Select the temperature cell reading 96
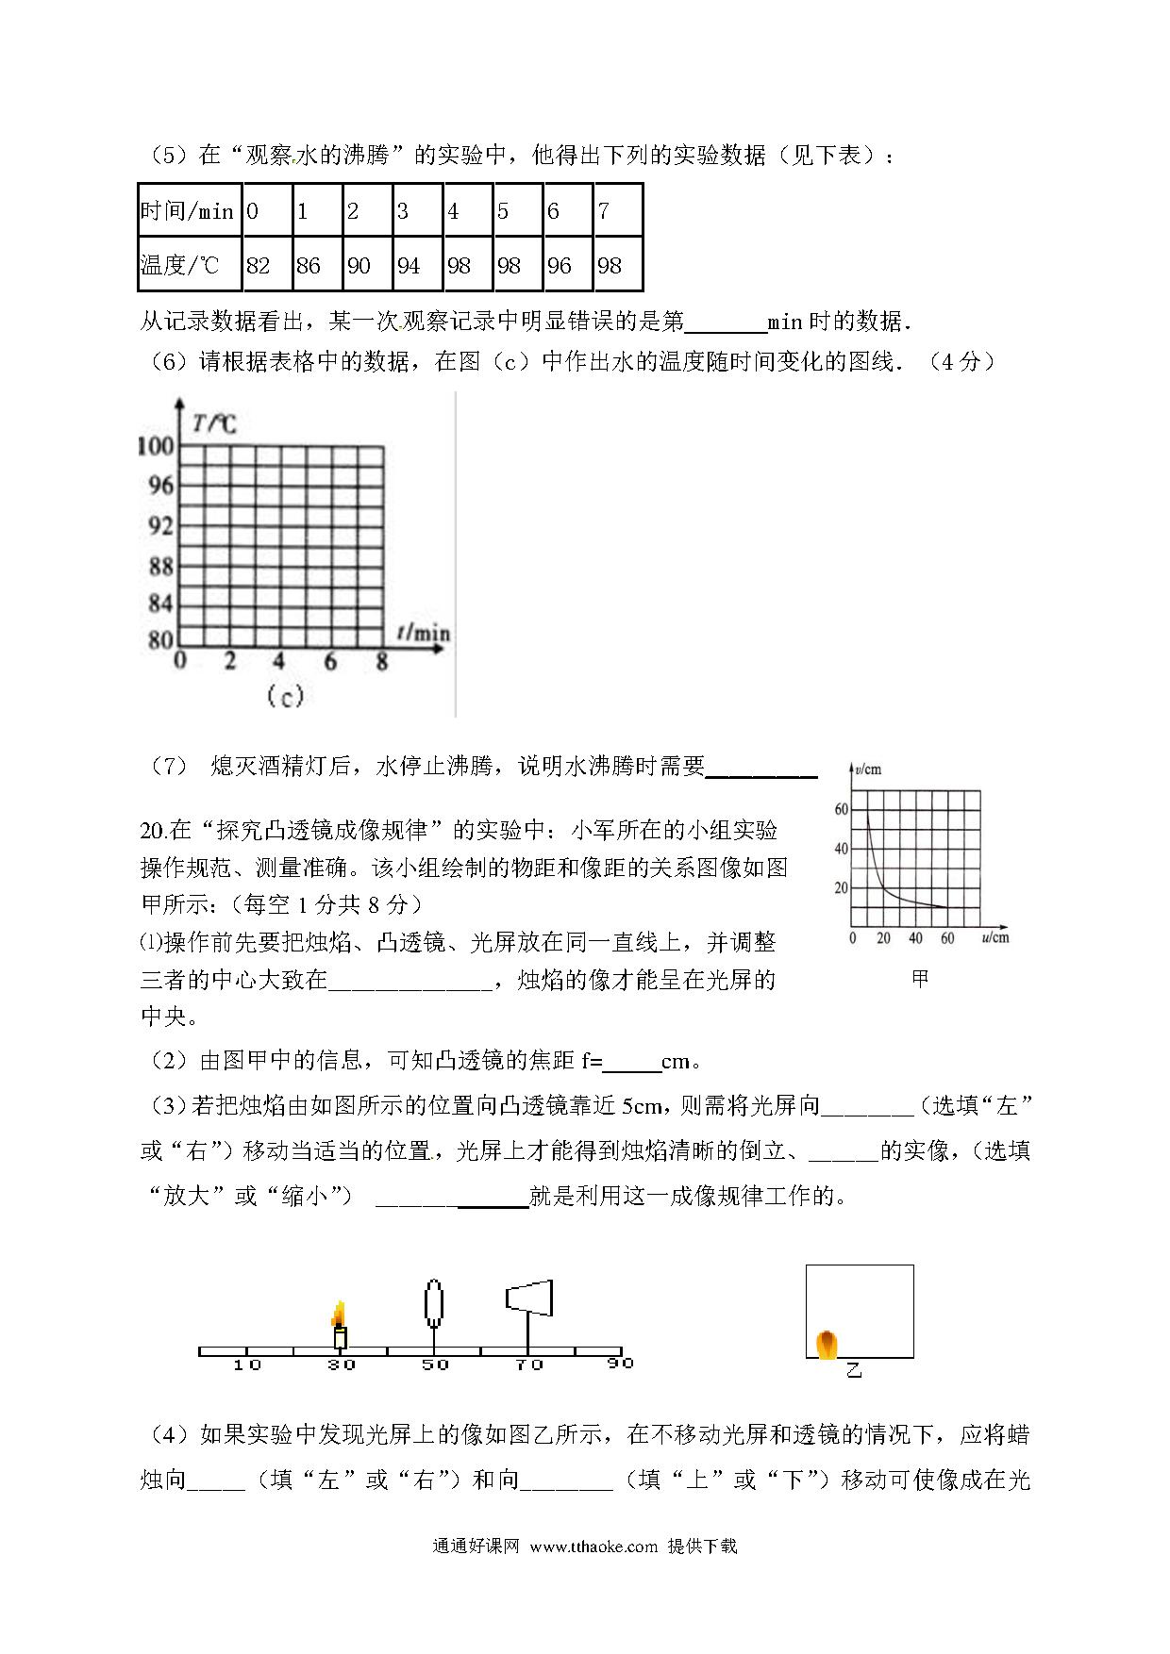click(x=568, y=265)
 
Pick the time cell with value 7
click(x=617, y=210)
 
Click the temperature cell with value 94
click(x=417, y=265)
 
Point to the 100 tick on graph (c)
click(x=156, y=446)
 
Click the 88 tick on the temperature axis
click(x=160, y=566)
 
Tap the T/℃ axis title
click(x=214, y=423)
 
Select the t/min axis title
click(x=424, y=633)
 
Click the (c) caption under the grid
click(x=284, y=696)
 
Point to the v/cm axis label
click(x=866, y=769)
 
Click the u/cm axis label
click(x=994, y=937)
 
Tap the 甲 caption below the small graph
click(x=920, y=979)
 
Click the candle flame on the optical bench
click(x=339, y=1314)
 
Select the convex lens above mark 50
click(x=434, y=1302)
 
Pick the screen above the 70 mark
click(x=529, y=1298)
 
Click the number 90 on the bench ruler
click(x=620, y=1364)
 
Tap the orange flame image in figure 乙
click(x=827, y=1344)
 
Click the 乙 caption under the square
click(x=854, y=1369)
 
